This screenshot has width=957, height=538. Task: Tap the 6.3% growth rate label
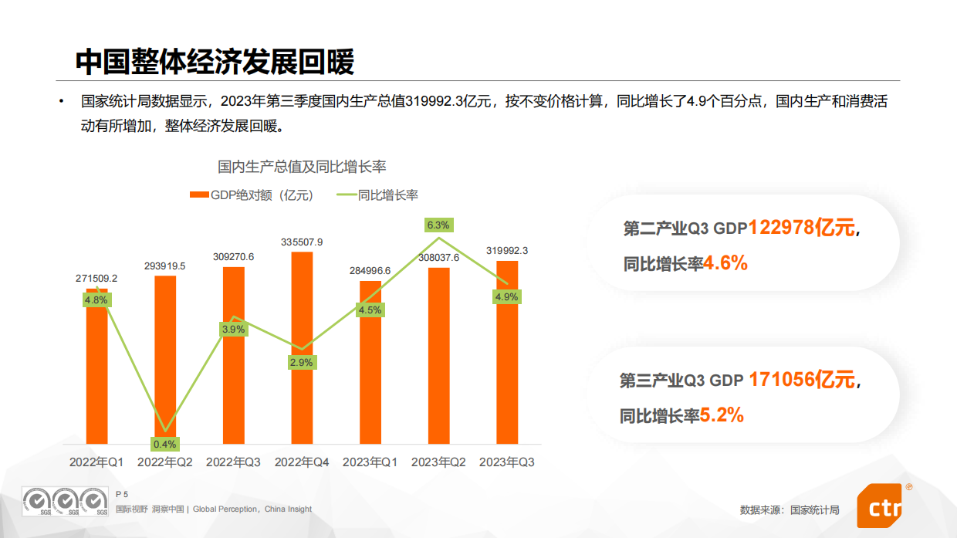tap(438, 225)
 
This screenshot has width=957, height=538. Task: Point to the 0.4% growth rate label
tap(165, 444)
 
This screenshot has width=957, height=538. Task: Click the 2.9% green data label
tap(302, 362)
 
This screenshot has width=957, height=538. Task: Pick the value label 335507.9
tap(302, 242)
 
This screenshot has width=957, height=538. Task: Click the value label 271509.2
tap(96, 278)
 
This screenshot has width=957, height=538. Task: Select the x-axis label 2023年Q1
tap(370, 462)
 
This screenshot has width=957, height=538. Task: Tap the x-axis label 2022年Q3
tap(233, 462)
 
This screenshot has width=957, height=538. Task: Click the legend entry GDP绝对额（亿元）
tap(252, 195)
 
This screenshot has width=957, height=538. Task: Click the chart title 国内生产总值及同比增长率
tap(302, 166)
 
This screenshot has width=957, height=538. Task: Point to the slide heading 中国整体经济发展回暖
tap(215, 63)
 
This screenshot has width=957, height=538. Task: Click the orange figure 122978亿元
tap(801, 228)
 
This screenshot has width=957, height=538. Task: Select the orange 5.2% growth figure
tap(722, 415)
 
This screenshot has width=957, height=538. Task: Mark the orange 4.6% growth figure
tap(725, 263)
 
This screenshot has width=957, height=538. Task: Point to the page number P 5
tap(121, 493)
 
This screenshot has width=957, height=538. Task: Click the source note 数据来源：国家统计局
tap(789, 509)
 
